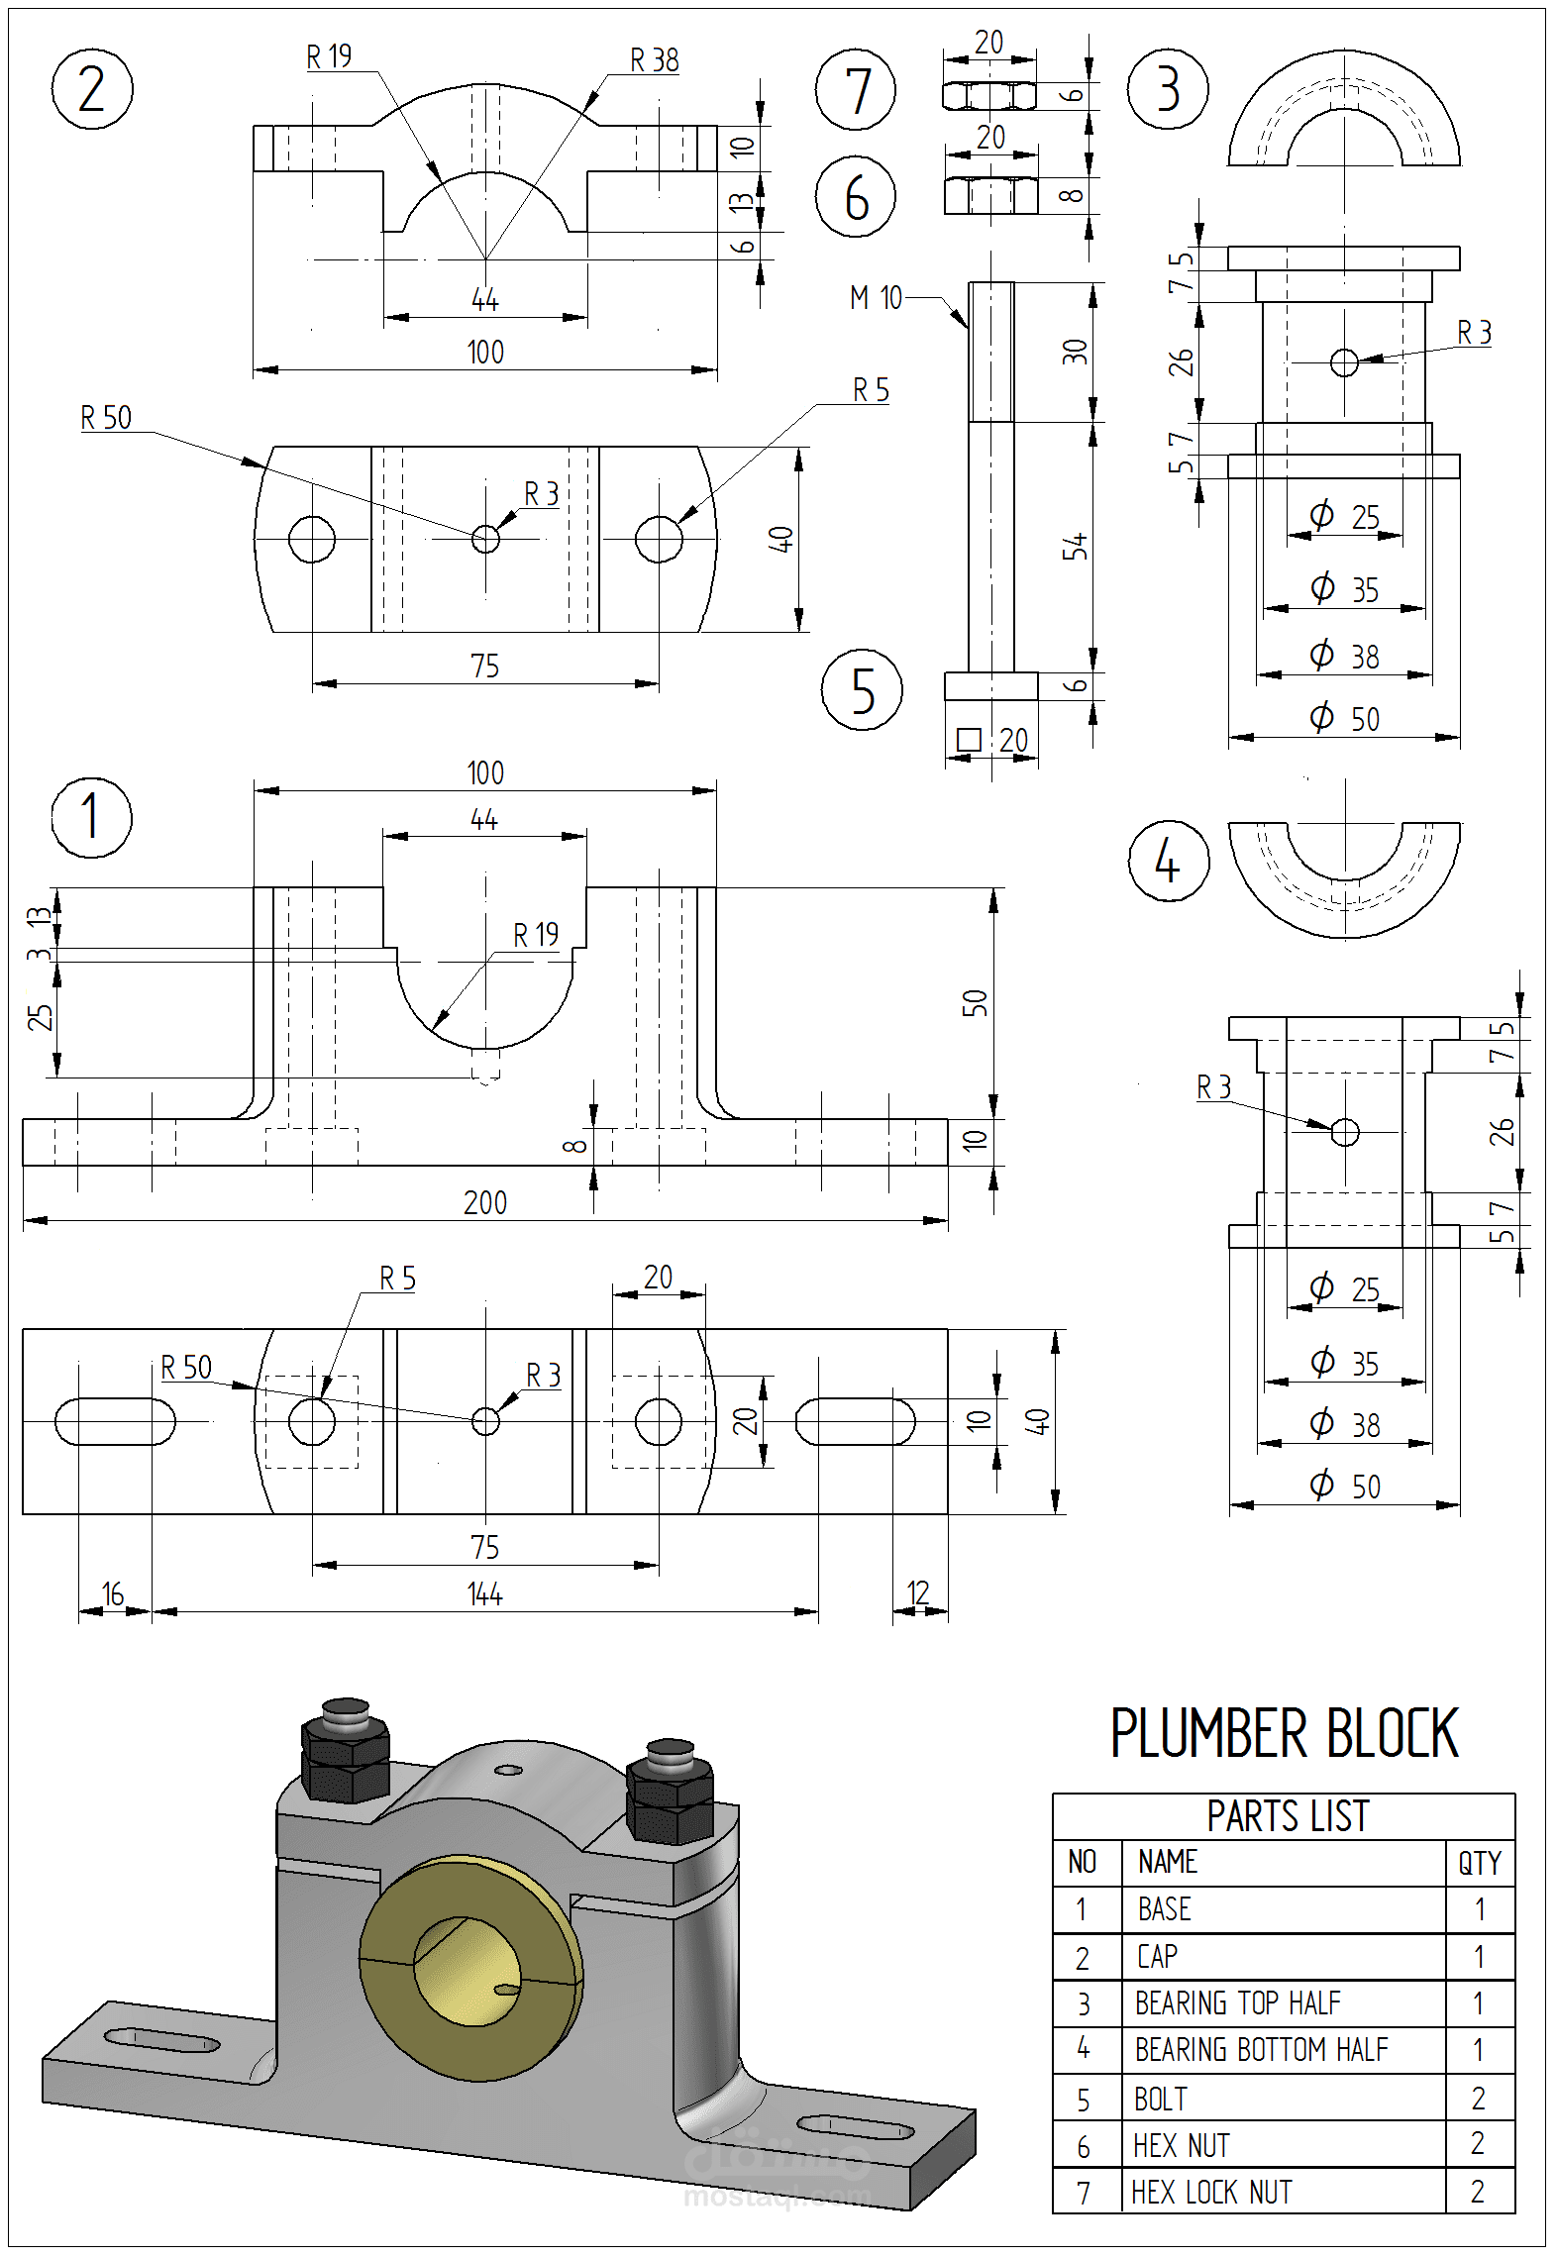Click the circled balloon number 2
(91, 89)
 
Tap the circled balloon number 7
(856, 90)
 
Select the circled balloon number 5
(862, 690)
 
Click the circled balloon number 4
(1168, 861)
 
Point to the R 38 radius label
(654, 61)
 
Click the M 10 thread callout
(876, 297)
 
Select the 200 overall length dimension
(484, 1202)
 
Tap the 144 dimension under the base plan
(484, 1594)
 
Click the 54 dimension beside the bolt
(1075, 547)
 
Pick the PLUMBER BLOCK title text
(1284, 1734)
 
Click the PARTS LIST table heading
(1287, 1816)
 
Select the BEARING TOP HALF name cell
(1237, 2002)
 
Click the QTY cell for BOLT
(1478, 2098)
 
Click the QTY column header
(1479, 1863)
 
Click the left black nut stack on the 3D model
(345, 1758)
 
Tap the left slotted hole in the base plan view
(115, 1421)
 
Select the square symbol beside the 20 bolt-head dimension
(969, 740)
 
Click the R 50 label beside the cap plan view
(106, 418)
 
